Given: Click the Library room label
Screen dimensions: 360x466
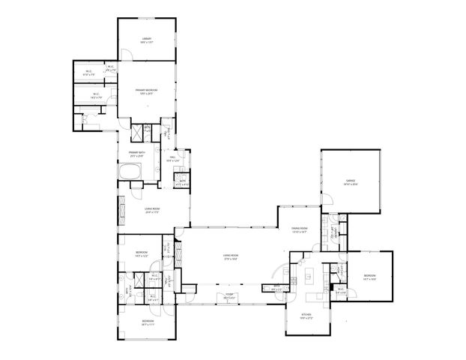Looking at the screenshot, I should (x=147, y=38).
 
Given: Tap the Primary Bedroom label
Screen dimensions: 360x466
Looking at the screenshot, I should (x=146, y=90).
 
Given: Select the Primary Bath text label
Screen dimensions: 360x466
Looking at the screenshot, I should (x=136, y=152).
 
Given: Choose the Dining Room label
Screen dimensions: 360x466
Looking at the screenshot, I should (x=300, y=229).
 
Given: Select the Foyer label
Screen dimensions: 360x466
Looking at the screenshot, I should (x=231, y=294).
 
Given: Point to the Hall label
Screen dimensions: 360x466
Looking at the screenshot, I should (x=172, y=157).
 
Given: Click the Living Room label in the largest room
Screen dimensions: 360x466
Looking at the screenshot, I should (x=231, y=256).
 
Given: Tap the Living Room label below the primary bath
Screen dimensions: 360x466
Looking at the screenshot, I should (x=154, y=209).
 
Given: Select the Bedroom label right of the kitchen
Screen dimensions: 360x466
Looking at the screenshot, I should (x=369, y=274).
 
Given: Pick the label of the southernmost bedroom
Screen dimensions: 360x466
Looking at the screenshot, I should (x=148, y=320).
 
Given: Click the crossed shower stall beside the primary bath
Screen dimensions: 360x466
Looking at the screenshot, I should (x=137, y=135).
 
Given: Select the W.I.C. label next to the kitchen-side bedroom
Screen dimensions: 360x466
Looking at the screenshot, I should (x=340, y=289).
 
